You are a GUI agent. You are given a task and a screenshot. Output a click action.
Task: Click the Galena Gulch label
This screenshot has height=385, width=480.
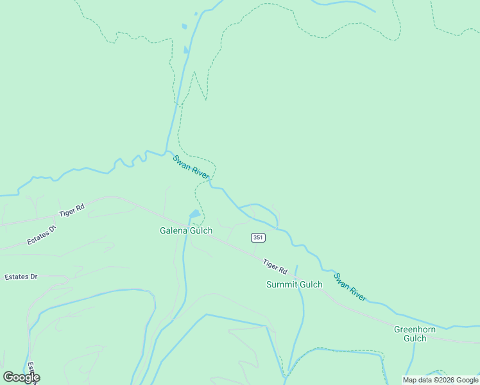pos(186,230)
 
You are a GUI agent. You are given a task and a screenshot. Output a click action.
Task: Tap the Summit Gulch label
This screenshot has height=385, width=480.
pos(294,284)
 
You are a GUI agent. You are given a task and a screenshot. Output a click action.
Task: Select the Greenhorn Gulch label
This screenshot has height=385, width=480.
pos(415,334)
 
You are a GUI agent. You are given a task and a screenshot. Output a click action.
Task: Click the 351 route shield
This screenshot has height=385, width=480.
pos(257,237)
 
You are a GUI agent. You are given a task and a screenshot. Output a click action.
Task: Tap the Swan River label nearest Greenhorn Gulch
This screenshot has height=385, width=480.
pos(350,287)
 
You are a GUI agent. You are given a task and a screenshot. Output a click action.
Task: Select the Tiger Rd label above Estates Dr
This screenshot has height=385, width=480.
pos(71,210)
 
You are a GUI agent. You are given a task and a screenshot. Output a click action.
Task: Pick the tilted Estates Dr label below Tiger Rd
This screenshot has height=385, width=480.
pos(42,234)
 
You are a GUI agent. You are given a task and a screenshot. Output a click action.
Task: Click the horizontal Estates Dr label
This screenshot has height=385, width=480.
pos(21,277)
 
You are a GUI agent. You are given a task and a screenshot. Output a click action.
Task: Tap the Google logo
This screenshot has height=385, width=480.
pos(21,377)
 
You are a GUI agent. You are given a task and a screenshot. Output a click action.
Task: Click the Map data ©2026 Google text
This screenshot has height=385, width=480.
pos(440,380)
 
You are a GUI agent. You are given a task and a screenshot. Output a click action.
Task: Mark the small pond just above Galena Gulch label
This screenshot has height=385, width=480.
pos(194,214)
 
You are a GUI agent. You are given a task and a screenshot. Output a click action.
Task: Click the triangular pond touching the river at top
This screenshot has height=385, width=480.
pos(186,49)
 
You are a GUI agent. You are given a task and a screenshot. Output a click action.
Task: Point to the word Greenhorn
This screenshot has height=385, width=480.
pos(415,329)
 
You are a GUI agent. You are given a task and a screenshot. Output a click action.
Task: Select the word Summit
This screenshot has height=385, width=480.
pos(282,284)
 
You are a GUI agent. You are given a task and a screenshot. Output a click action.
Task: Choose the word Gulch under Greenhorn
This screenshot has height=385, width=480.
pos(415,338)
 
